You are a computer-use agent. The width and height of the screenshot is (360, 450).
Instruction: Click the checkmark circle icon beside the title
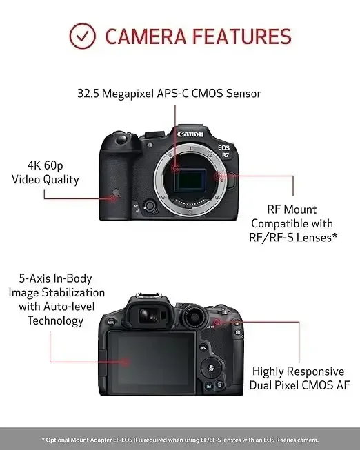(x=82, y=36)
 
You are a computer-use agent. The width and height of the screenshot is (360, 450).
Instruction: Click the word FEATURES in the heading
(x=242, y=37)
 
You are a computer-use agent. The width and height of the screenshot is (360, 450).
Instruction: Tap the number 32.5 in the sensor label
(x=88, y=94)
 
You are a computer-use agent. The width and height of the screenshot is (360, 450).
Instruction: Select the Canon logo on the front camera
(x=190, y=134)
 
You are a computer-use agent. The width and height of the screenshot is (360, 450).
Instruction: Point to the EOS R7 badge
(x=224, y=151)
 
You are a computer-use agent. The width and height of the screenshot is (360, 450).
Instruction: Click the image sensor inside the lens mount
(x=190, y=181)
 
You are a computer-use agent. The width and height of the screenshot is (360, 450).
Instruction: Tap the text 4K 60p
(x=46, y=165)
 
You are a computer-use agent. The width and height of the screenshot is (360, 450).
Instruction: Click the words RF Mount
(x=292, y=209)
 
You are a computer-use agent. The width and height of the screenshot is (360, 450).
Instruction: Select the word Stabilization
(x=73, y=292)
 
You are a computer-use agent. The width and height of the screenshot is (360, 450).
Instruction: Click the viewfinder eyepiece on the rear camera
(x=149, y=314)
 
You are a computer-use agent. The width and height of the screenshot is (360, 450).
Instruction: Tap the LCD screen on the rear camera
(x=152, y=362)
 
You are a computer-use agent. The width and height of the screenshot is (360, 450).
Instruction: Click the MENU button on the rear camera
(x=111, y=322)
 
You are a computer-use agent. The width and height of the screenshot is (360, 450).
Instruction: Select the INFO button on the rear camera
(x=203, y=347)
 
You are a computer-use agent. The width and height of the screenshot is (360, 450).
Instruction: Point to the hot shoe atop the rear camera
(x=148, y=296)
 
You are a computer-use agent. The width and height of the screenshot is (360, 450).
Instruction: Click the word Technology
(x=55, y=321)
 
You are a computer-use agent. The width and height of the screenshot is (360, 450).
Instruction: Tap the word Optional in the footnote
(x=58, y=440)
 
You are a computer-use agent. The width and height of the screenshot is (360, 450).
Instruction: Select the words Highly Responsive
(x=298, y=371)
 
